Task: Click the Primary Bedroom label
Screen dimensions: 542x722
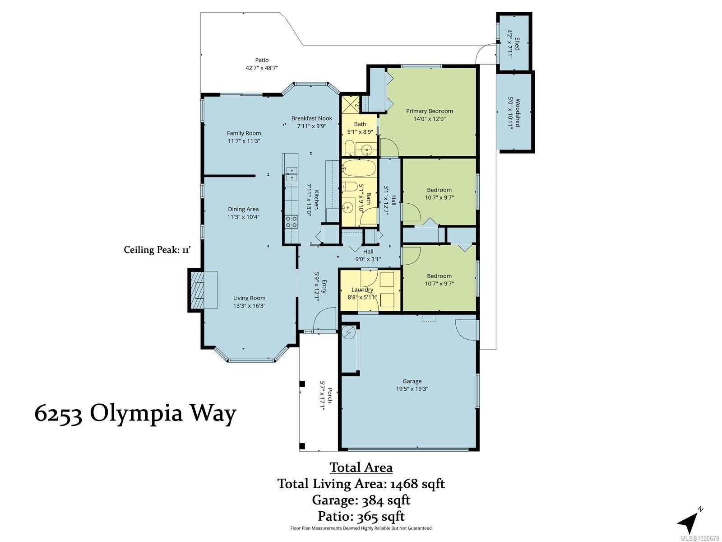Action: click(429, 111)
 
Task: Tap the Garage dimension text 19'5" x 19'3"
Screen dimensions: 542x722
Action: click(412, 389)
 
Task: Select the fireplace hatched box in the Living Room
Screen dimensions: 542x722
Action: click(197, 290)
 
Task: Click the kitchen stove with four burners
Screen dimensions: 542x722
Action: click(291, 221)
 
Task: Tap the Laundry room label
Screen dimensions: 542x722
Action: click(362, 290)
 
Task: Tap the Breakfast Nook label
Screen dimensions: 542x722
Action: click(311, 118)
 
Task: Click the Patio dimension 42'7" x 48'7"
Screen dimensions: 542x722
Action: click(262, 68)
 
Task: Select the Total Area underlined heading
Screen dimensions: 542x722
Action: click(361, 467)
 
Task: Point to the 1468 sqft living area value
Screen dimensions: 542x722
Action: click(417, 484)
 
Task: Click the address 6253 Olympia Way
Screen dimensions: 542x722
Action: click(135, 413)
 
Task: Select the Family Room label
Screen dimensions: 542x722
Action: click(244, 133)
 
